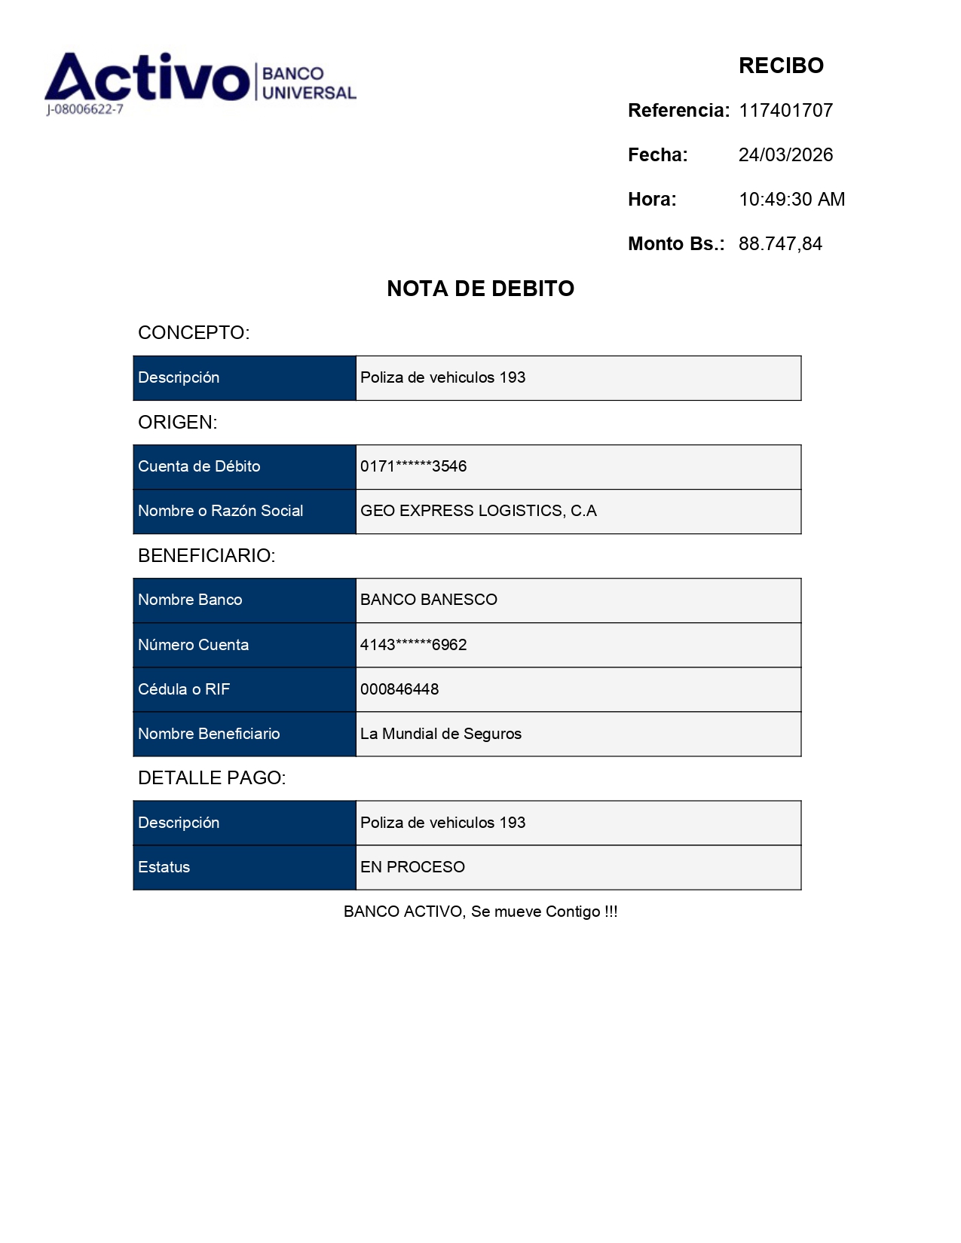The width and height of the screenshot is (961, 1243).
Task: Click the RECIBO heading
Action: tap(781, 66)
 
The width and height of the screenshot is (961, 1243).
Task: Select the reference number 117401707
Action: tap(785, 111)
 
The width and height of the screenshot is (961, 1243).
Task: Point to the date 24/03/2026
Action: tap(785, 155)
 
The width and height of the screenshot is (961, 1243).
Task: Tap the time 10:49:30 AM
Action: tap(791, 200)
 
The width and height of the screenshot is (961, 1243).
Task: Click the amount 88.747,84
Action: tap(780, 244)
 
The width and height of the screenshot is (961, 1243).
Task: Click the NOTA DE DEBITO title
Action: tap(480, 289)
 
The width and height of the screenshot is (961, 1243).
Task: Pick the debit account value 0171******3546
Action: tap(413, 466)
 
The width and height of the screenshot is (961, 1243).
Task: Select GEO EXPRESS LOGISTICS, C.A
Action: tap(478, 511)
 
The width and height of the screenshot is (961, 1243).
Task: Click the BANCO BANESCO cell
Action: tap(428, 600)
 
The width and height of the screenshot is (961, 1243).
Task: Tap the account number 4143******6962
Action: tap(413, 645)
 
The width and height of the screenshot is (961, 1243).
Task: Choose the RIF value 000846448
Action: tap(399, 689)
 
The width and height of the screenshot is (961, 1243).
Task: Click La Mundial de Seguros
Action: tap(440, 734)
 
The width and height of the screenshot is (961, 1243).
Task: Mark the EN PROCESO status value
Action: tap(412, 867)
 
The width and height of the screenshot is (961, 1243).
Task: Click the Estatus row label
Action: tap(164, 867)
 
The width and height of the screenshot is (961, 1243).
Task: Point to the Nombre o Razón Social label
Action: tap(220, 511)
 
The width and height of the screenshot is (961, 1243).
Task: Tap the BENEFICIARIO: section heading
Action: tap(207, 556)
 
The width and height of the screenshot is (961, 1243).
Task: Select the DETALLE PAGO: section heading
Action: tap(212, 778)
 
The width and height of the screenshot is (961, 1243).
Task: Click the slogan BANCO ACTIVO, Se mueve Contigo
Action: tap(480, 912)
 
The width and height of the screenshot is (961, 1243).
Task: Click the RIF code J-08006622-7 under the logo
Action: tap(84, 109)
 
